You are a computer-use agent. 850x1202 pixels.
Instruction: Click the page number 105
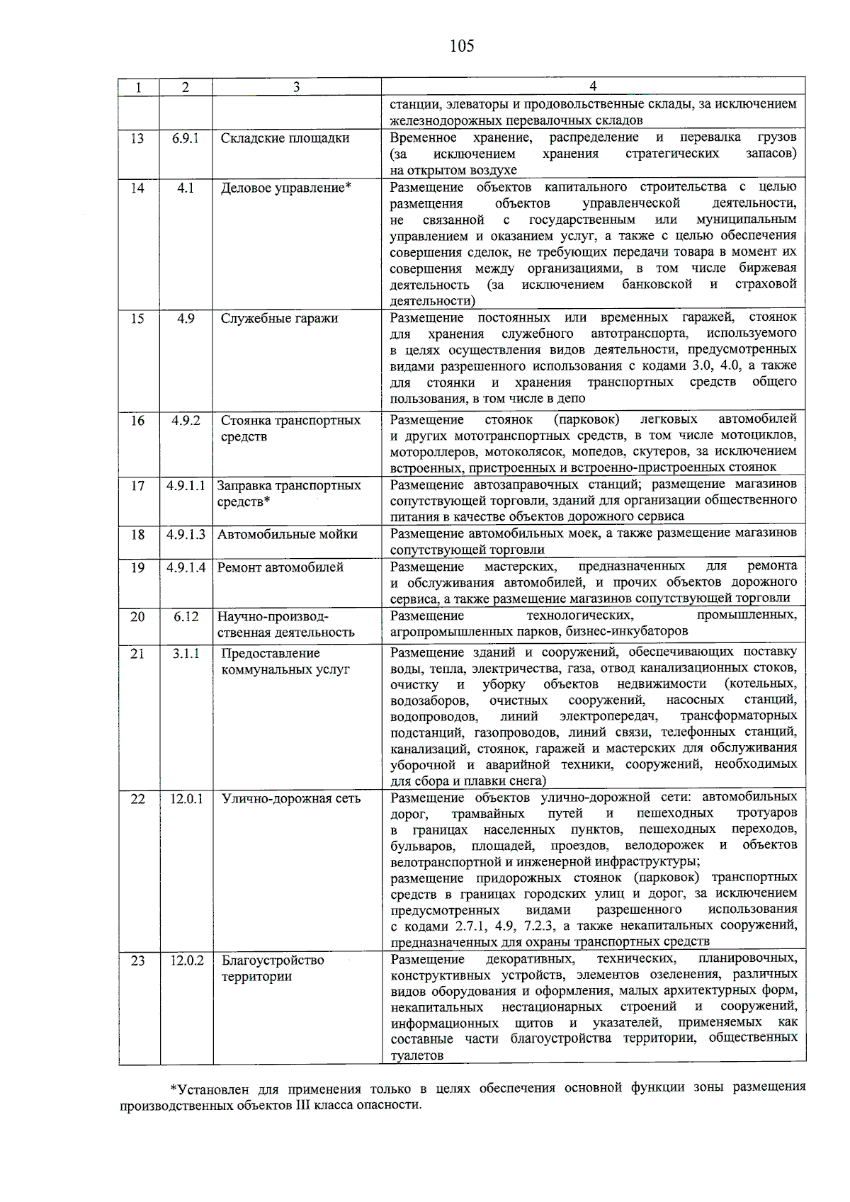click(461, 47)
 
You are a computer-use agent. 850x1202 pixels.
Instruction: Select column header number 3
click(296, 87)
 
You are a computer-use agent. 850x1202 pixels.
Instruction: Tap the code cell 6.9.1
click(186, 138)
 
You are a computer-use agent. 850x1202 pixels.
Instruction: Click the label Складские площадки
click(285, 138)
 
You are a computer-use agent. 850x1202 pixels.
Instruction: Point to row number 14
click(137, 188)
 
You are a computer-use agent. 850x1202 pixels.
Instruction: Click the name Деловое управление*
click(286, 188)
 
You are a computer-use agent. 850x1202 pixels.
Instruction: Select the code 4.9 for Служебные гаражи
click(186, 319)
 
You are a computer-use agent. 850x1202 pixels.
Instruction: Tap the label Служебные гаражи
click(279, 319)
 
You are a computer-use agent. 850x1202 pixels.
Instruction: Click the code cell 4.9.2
click(186, 421)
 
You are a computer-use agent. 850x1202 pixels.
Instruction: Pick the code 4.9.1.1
click(186, 486)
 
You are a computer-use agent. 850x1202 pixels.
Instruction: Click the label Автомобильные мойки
click(287, 535)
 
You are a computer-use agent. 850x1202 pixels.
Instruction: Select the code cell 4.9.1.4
click(186, 567)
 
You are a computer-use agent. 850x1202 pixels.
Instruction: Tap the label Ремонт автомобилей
click(280, 567)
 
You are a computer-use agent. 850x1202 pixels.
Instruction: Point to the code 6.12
click(186, 617)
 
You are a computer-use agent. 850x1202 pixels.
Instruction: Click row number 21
click(137, 654)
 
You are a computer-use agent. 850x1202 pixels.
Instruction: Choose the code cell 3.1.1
click(186, 654)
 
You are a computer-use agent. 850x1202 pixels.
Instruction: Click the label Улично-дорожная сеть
click(291, 799)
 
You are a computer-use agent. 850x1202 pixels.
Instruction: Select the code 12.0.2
click(186, 960)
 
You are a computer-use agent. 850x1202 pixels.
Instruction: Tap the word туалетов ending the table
click(416, 1055)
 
